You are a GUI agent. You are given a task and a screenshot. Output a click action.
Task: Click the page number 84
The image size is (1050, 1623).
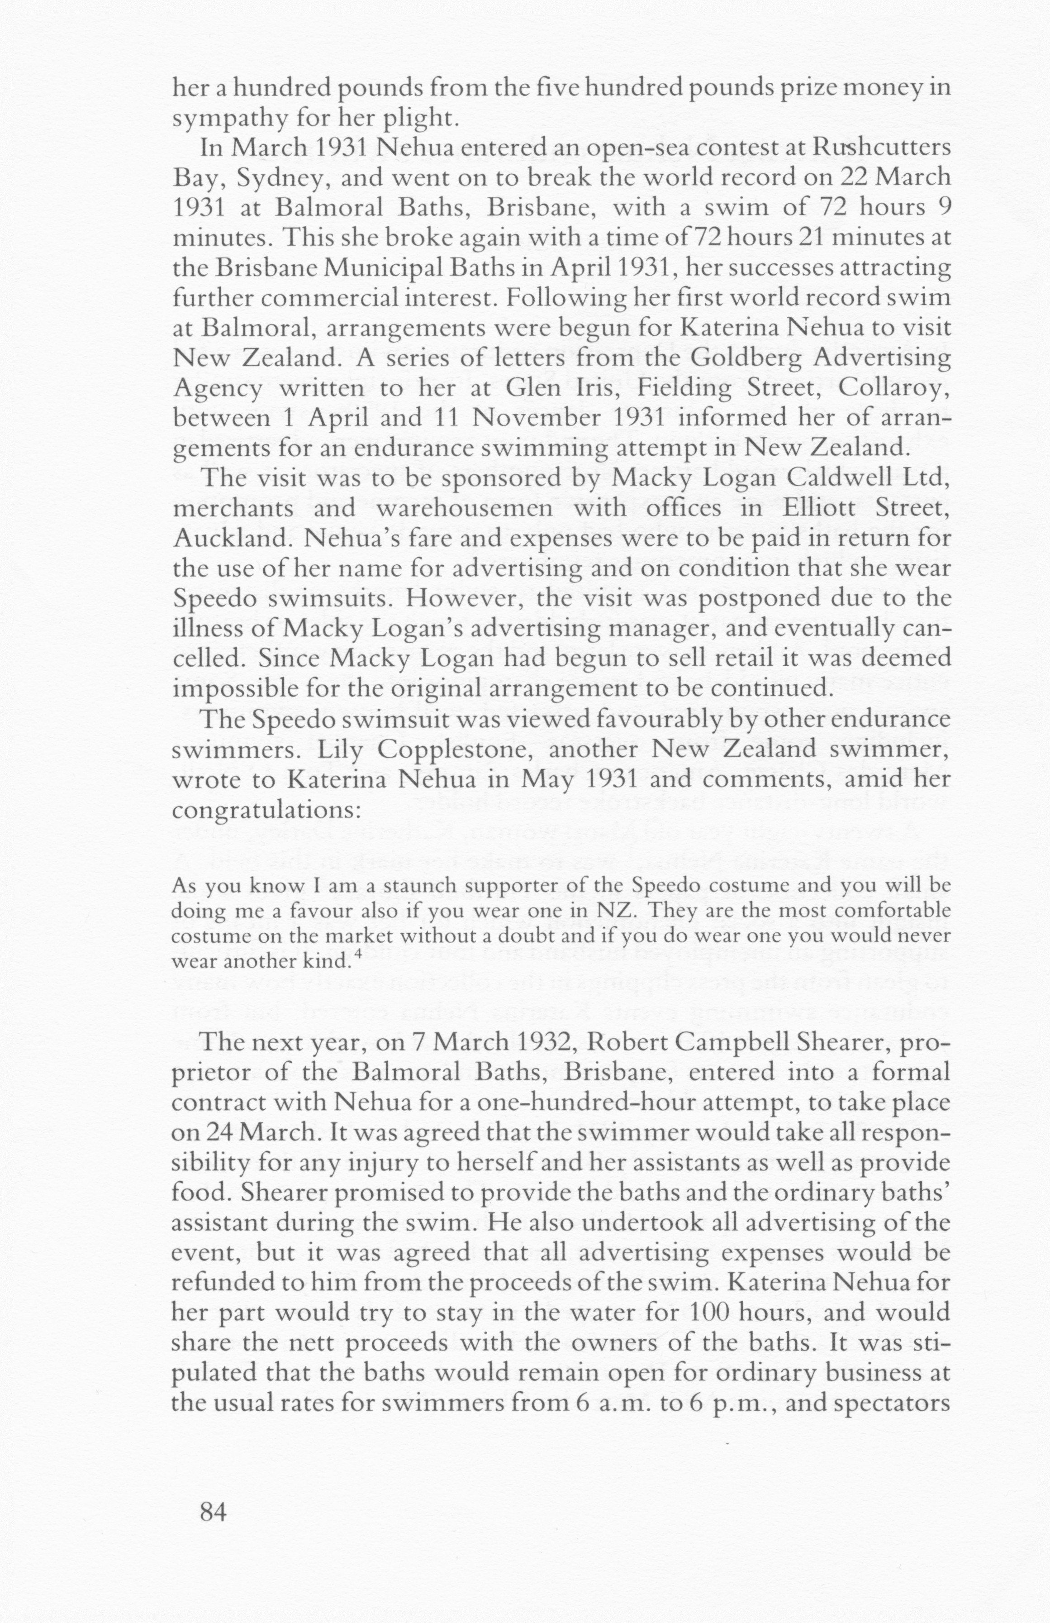click(x=212, y=1512)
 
